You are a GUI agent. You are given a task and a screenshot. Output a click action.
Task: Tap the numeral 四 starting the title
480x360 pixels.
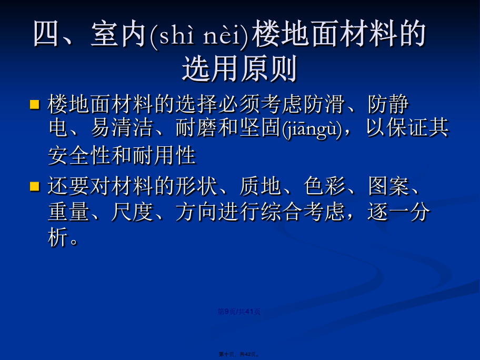[46, 34]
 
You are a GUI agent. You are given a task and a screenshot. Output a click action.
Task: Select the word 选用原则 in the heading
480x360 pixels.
[239, 68]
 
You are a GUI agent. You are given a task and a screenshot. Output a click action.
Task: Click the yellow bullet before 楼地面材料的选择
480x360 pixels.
[35, 105]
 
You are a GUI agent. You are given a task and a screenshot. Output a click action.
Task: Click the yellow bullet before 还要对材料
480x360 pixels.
[35, 186]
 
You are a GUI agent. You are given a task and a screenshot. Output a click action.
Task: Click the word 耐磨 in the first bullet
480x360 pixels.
[196, 128]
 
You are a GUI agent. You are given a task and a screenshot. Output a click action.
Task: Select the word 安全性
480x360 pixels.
[79, 155]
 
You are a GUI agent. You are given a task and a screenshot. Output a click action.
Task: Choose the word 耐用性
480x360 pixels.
[164, 155]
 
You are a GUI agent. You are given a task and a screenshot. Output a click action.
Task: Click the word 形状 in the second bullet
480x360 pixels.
[196, 186]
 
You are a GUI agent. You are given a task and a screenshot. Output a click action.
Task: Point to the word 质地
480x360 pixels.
[260, 186]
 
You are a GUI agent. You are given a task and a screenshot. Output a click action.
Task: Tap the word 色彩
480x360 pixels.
[324, 186]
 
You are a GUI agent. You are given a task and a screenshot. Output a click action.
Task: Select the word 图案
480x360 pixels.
[388, 186]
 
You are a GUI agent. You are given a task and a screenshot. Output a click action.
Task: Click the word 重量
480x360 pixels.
[69, 212]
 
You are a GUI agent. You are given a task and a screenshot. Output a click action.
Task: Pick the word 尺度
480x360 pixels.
[133, 212]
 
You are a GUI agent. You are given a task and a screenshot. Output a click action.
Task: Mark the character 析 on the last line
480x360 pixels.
[58, 237]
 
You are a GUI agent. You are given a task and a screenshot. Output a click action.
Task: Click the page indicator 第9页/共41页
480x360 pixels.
[239, 312]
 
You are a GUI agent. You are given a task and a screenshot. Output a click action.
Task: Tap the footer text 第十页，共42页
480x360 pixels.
[239, 354]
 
